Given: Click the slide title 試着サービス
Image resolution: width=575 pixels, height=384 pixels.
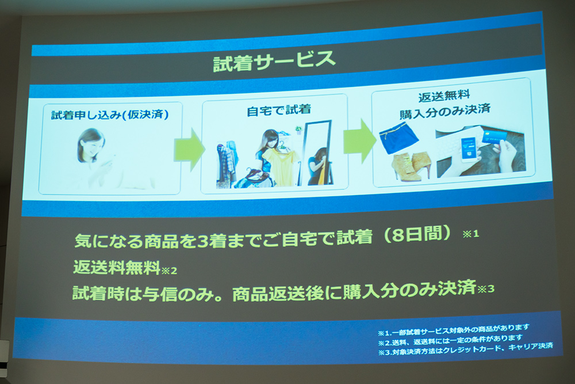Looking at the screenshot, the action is [274, 61].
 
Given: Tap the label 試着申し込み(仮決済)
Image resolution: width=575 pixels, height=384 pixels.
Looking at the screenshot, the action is [110, 115].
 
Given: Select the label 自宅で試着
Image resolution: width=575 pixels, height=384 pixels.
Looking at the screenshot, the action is [279, 110].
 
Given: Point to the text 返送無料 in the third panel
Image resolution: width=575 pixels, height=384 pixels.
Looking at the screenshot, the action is [444, 96].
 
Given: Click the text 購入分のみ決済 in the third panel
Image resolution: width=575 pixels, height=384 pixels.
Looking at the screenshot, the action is [445, 111].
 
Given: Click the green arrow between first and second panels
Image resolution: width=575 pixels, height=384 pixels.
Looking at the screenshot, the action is [189, 150].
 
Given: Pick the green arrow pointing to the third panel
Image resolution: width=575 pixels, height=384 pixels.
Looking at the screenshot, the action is [360, 141].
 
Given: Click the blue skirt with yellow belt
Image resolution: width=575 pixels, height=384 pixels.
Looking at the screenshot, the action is [398, 138].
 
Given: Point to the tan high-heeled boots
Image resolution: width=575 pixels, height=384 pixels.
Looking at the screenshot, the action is [412, 167].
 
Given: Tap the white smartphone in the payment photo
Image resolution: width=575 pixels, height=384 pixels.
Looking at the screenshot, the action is [470, 149].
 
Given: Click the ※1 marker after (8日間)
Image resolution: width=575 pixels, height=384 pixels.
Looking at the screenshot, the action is [471, 234].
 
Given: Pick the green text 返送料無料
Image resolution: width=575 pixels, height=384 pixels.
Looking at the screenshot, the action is [117, 267].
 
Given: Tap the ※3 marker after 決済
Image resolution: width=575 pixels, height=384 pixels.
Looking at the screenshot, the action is [486, 289].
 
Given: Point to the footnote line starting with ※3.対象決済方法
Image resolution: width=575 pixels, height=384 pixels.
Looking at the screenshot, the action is [466, 349].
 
